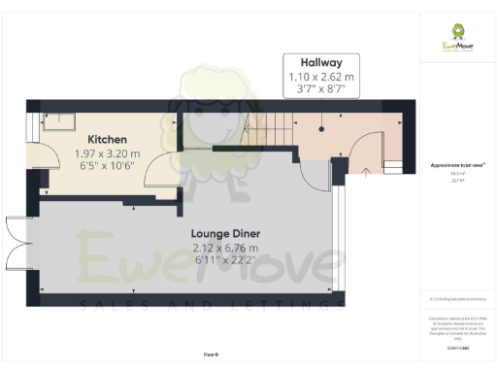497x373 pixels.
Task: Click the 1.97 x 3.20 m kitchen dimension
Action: pyautogui.click(x=109, y=153)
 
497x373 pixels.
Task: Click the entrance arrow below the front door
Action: pyautogui.click(x=365, y=172)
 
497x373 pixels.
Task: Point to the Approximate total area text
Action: pyautogui.click(x=456, y=167)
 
